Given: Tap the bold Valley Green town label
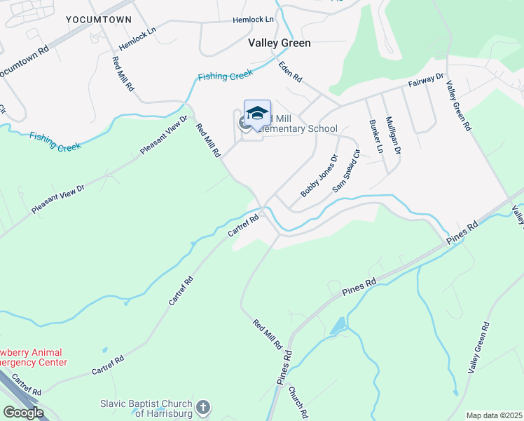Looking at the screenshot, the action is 280,43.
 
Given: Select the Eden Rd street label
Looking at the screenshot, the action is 289,71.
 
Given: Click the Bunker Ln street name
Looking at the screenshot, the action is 375,136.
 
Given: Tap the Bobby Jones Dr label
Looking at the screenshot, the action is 319,175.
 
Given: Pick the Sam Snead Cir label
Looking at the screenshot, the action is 346,171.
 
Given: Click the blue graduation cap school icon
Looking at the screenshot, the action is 257,114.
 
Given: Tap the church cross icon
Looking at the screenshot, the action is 203,407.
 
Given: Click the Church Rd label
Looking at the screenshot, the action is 297,403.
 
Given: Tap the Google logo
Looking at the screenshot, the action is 23,413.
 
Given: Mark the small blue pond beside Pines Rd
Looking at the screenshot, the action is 339,326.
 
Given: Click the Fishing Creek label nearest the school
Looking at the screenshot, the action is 225,76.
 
